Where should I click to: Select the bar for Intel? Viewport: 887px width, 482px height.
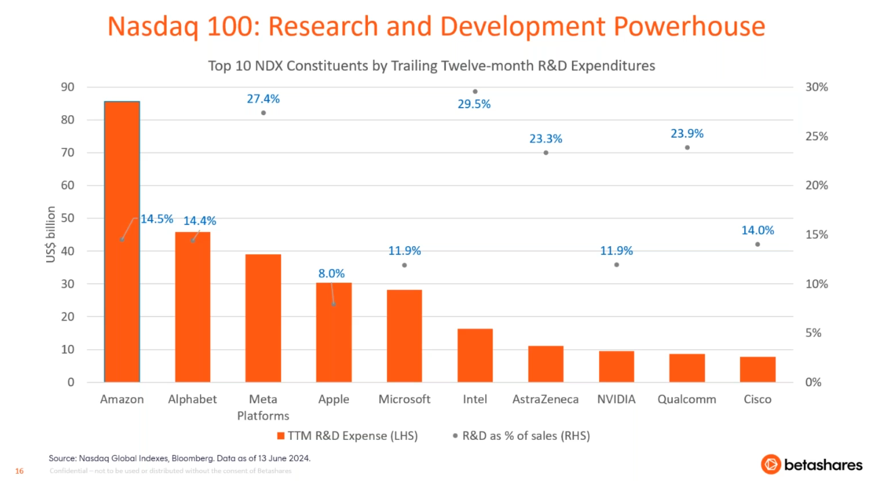click(x=475, y=355)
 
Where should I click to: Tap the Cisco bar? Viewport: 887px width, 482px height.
click(x=757, y=369)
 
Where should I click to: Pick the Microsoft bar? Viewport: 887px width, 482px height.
click(x=405, y=336)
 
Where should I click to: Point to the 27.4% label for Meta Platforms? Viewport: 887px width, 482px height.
click(x=263, y=99)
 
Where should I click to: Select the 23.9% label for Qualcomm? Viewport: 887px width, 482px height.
click(x=687, y=134)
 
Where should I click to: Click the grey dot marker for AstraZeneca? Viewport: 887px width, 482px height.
click(x=546, y=153)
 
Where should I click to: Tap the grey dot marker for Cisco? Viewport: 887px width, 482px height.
click(x=758, y=244)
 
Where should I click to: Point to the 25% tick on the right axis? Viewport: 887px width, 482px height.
click(x=816, y=136)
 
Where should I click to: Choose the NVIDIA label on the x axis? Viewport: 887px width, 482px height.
click(x=616, y=399)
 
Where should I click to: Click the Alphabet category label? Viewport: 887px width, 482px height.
click(x=192, y=399)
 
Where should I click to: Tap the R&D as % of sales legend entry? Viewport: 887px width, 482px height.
click(x=521, y=436)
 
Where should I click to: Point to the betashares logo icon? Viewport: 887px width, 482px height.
click(x=770, y=464)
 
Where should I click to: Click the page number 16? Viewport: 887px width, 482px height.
click(x=19, y=471)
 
